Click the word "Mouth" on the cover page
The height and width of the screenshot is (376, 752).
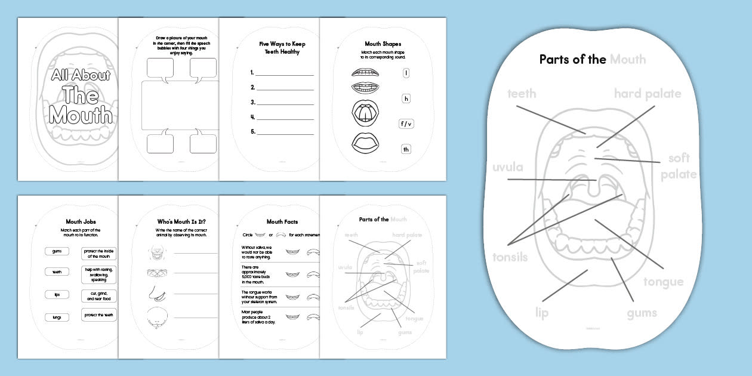81,114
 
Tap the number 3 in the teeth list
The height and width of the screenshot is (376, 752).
253,102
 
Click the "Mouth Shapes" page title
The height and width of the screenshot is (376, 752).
383,44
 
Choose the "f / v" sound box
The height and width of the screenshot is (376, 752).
406,124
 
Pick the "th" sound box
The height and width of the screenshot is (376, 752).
406,149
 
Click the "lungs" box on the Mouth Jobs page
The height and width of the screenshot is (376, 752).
57,318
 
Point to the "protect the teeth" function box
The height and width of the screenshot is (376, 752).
98,315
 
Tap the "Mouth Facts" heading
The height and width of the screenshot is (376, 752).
282,222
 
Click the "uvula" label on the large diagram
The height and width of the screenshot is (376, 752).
507,167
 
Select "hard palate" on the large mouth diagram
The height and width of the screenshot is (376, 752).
647,94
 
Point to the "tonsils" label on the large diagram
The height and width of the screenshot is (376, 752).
510,257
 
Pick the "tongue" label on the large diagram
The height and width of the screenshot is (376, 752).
663,282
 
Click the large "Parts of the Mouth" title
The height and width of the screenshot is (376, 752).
592,59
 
